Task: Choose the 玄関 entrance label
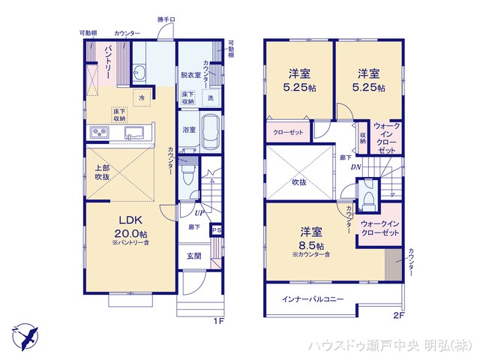(x=193, y=256)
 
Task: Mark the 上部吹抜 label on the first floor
(x=102, y=172)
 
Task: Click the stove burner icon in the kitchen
(x=100, y=133)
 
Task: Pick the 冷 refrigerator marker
(x=141, y=97)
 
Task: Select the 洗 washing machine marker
(x=210, y=98)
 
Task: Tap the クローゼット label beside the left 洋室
(x=286, y=131)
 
